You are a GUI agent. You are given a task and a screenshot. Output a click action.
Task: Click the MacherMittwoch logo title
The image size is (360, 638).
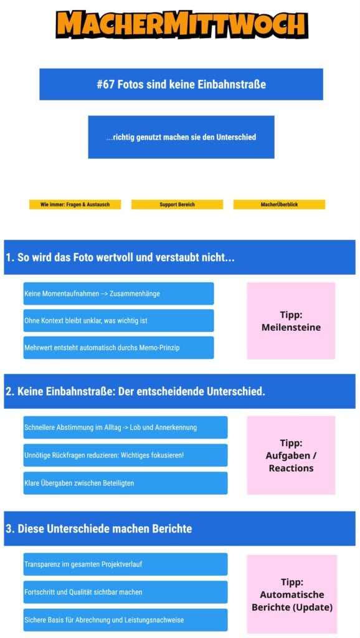tap(182, 24)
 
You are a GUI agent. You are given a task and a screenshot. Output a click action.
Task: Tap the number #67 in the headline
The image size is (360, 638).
tap(106, 84)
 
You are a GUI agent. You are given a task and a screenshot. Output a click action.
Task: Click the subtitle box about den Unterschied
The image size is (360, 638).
tap(181, 137)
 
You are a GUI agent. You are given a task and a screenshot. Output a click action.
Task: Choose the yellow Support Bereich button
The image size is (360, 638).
tap(177, 204)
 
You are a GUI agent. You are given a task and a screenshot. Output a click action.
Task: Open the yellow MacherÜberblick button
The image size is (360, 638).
tap(279, 204)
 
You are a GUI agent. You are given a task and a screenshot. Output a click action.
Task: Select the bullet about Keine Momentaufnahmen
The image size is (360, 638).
tap(118, 293)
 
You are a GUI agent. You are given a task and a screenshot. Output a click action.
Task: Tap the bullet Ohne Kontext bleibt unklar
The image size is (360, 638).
tap(118, 321)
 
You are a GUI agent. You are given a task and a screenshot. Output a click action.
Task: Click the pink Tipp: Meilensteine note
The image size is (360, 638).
tap(291, 321)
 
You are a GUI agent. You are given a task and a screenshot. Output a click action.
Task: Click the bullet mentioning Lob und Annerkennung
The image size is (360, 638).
tap(125, 427)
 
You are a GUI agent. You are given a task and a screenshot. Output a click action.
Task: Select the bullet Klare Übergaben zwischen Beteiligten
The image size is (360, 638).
tap(125, 483)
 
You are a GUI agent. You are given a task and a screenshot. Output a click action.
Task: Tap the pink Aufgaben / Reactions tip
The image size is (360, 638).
tap(291, 455)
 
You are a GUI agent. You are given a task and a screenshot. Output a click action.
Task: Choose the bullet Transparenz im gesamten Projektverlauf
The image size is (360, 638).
tap(125, 564)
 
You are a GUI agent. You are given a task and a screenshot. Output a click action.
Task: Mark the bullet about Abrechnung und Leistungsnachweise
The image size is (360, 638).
tap(125, 620)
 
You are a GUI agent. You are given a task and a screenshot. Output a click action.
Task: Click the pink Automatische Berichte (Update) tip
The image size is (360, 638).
tap(292, 594)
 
